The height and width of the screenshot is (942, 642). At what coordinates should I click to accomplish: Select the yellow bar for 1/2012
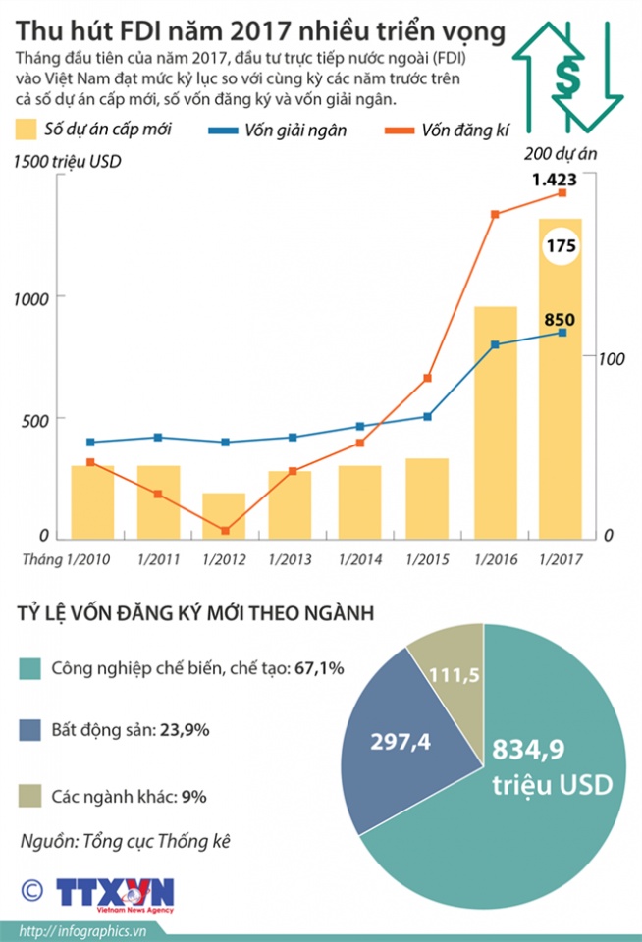pos(224,516)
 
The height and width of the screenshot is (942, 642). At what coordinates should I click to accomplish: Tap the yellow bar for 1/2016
pos(495,423)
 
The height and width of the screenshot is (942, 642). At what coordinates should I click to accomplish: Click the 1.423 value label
pos(554,180)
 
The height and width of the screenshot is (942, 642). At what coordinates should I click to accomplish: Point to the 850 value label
pos(559,319)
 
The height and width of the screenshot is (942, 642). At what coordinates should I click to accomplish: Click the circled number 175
pos(561,247)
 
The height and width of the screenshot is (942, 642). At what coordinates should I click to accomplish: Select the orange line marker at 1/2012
pos(225,531)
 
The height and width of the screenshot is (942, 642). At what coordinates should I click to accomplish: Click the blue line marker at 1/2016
pos(495,345)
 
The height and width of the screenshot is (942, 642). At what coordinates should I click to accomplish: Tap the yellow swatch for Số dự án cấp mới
pos(27,129)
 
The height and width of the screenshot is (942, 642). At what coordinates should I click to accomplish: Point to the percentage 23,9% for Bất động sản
pos(187,731)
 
